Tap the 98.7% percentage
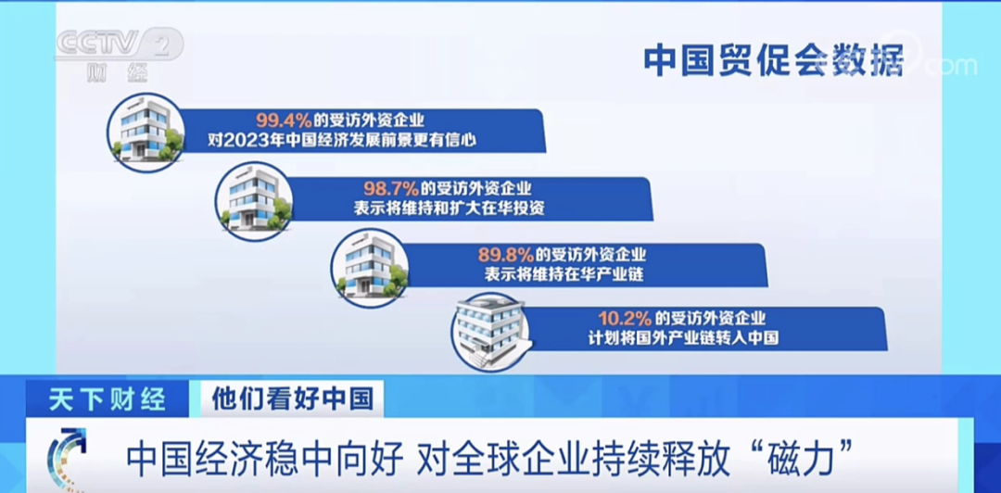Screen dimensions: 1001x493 click(x=391, y=188)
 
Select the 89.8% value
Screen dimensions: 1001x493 click(x=506, y=256)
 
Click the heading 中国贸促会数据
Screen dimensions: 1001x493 click(x=773, y=60)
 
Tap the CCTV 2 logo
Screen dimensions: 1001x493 click(x=119, y=44)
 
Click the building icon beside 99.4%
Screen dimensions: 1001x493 click(x=146, y=133)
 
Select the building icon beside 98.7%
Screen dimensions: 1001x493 click(x=253, y=201)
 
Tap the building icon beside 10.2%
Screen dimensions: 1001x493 click(x=489, y=332)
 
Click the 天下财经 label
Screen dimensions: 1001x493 click(x=107, y=399)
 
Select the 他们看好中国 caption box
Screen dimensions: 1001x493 click(x=292, y=398)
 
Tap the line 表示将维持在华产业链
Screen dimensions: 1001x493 click(x=563, y=275)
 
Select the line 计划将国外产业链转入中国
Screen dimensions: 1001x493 click(x=683, y=337)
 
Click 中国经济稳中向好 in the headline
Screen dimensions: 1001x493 click(x=265, y=457)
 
